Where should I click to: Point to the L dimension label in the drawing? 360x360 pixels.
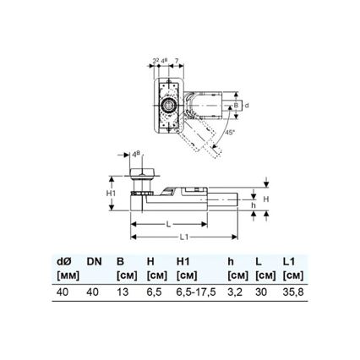[x=170, y=223]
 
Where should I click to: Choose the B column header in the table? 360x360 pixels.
[x=122, y=261]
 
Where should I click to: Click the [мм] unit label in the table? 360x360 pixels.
[x=67, y=275]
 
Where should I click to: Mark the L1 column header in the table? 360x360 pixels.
[x=290, y=261]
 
